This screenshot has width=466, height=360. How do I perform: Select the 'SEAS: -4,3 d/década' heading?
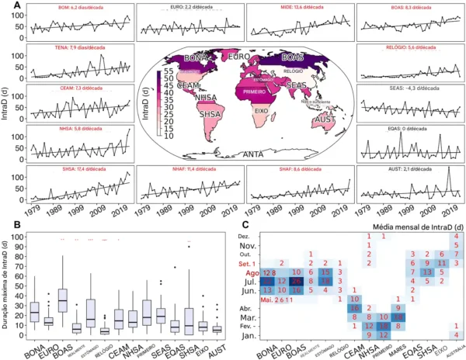tap(409, 88)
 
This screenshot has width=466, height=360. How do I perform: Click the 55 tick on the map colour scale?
tap(164, 72)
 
